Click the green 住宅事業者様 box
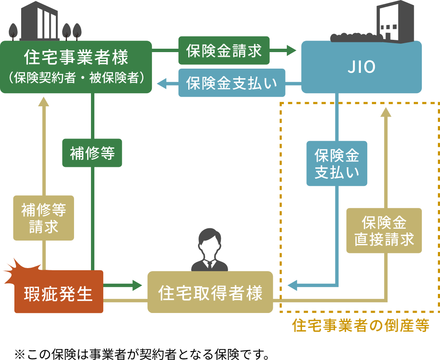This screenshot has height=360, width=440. click(76, 67)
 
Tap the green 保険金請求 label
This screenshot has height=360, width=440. click(224, 51)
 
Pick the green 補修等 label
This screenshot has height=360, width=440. click(92, 153)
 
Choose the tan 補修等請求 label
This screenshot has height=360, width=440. click(44, 218)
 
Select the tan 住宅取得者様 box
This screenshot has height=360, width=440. click(210, 292)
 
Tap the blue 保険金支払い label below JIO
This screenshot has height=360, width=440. click(337, 163)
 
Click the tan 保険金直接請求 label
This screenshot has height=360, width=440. click(384, 230)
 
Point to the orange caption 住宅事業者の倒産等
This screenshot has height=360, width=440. click(361, 326)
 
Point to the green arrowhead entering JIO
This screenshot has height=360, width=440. click(292, 51)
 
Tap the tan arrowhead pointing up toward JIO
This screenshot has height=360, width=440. click(386, 112)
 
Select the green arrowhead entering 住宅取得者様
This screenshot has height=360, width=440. click(137, 285)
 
